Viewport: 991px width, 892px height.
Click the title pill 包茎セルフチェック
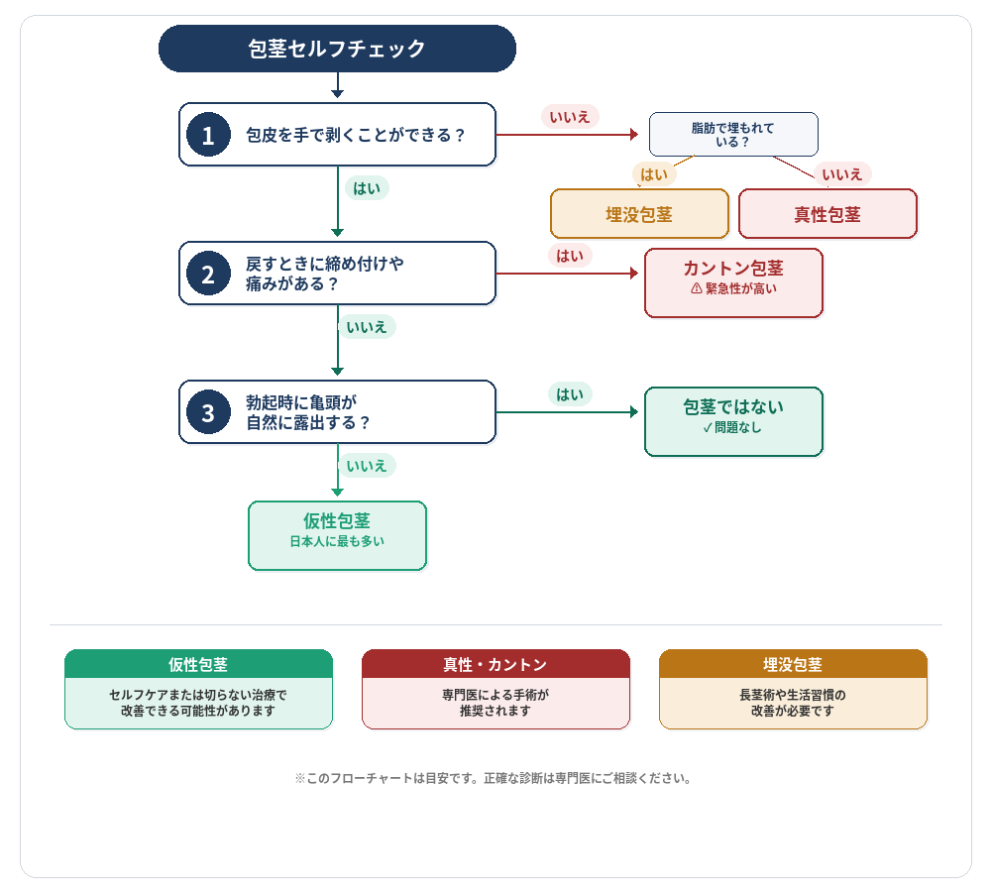tap(337, 49)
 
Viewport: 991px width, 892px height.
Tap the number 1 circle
tap(208, 135)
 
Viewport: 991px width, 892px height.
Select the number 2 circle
tap(208, 274)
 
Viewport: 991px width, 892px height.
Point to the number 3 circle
tap(208, 412)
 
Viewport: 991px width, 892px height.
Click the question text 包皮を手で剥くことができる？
tap(355, 135)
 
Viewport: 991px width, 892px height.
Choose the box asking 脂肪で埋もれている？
tap(733, 135)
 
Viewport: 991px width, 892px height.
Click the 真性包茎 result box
tap(827, 214)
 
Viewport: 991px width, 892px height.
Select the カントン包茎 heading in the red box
tap(733, 269)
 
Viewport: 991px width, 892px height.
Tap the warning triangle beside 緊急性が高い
tap(696, 289)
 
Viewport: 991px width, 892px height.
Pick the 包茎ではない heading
tap(733, 407)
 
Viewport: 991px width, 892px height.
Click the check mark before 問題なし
tap(707, 428)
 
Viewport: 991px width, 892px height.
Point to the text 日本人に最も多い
tap(337, 542)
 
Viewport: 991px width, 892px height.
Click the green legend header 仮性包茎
tap(198, 664)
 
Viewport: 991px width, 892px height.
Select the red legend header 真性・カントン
tap(495, 664)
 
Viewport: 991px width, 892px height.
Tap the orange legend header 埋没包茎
tap(793, 664)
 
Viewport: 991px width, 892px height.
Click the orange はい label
tap(654, 174)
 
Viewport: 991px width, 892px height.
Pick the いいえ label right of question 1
tap(570, 116)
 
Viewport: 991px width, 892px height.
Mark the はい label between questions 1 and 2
tap(367, 187)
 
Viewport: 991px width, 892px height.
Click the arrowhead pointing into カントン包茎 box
tap(635, 274)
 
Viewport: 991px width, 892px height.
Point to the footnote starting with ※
tap(493, 779)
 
